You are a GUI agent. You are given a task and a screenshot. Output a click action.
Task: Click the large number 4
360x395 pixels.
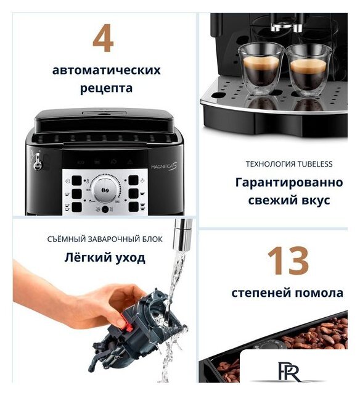click(x=103, y=38)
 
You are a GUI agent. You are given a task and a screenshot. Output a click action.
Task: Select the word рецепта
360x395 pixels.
click(x=106, y=88)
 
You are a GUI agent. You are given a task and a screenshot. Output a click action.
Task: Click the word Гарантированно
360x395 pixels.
click(x=288, y=183)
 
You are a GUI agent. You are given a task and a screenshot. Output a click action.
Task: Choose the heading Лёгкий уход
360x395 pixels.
click(x=105, y=257)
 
